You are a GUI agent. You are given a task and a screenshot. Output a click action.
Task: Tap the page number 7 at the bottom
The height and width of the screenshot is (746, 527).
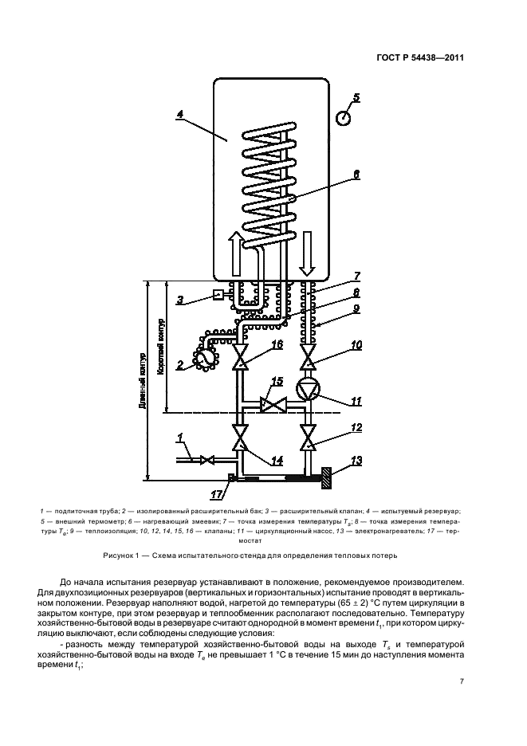click(462, 681)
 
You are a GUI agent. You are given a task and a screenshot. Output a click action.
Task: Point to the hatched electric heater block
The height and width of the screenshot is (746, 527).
click(327, 479)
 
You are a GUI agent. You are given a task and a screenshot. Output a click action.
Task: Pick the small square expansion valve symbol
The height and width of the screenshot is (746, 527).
click(218, 296)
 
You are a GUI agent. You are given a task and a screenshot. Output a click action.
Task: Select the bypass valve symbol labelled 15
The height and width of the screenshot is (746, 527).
click(273, 406)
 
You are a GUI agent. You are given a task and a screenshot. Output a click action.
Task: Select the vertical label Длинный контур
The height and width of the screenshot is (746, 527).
click(140, 380)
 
